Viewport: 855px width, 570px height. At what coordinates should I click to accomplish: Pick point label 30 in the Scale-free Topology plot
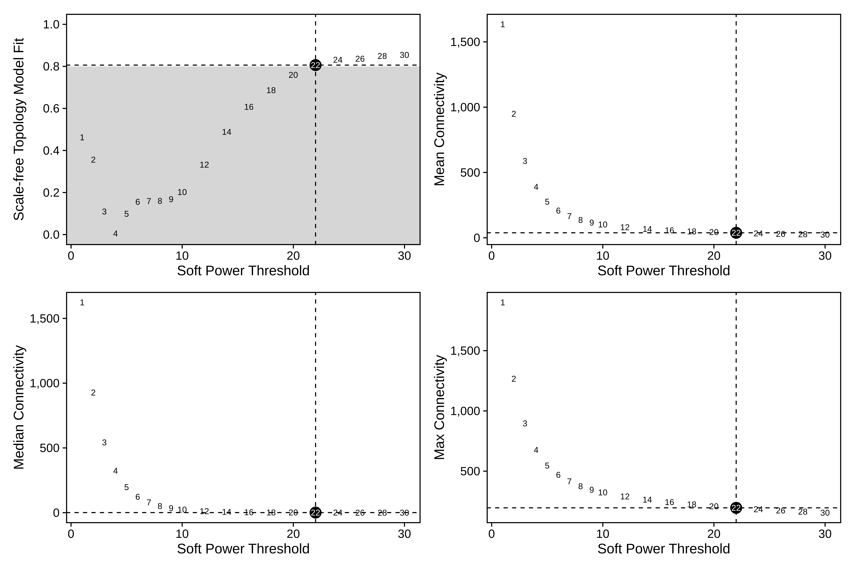(404, 55)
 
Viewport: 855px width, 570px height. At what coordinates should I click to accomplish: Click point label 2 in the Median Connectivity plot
(93, 393)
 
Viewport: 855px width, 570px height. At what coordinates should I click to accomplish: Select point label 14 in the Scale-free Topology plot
(226, 132)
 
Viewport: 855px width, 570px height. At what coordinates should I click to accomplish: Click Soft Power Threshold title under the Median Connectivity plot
(243, 549)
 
